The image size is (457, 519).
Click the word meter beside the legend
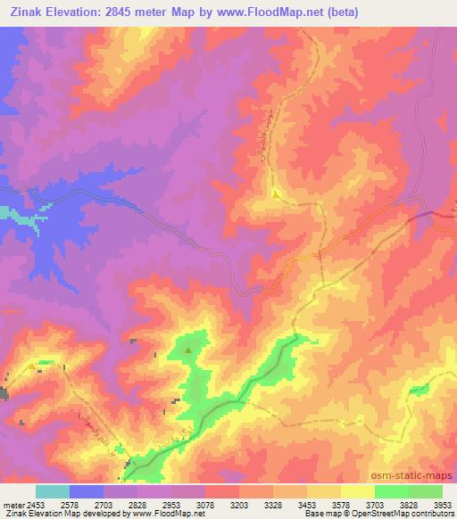pyautogui.click(x=12, y=504)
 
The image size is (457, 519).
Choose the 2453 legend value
pyautogui.click(x=36, y=504)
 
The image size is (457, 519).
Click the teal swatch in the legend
pyautogui.click(x=53, y=491)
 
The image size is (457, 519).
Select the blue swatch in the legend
pyautogui.click(x=87, y=491)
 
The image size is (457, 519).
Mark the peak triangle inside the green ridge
pyautogui.click(x=188, y=350)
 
